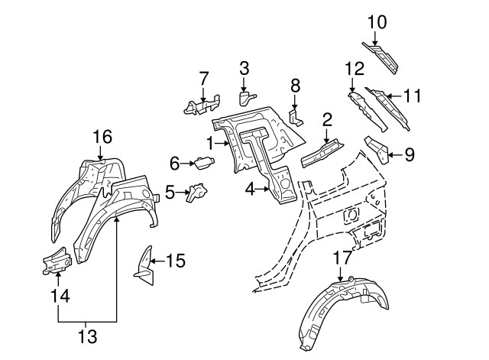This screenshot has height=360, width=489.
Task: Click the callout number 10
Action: [377, 22]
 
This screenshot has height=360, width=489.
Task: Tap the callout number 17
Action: [342, 258]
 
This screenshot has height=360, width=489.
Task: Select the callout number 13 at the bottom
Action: [86, 336]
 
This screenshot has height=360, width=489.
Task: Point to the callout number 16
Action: [102, 138]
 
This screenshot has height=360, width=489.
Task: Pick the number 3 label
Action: [244, 69]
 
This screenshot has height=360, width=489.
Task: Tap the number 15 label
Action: [176, 261]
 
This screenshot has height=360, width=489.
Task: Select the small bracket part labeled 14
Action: [56, 261]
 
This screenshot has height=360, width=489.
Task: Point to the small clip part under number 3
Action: [246, 97]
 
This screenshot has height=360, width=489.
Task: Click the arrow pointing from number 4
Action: [264, 186]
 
